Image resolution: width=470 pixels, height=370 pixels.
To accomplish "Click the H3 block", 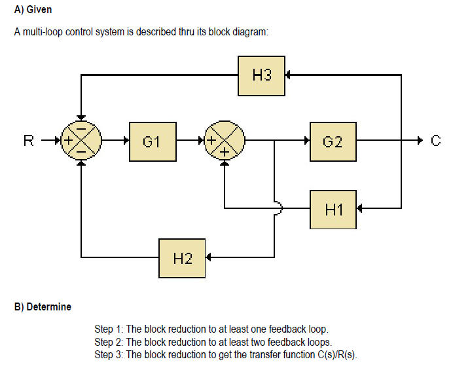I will pos(261,75).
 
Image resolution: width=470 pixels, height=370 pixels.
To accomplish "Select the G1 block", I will pos(153,141).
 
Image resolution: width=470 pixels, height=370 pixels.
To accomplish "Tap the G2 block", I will pos(333,141).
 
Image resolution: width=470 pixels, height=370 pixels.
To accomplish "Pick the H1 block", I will pos(333,209).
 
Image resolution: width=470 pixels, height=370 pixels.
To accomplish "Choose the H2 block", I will pos(182,257).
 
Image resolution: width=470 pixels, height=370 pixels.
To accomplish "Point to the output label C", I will pos(437,140).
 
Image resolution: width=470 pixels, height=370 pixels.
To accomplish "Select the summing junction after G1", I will pos(225,140).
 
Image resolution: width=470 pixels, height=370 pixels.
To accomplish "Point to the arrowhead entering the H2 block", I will pos(209,257).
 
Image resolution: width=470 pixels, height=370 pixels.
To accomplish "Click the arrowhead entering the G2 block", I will pos(306,140).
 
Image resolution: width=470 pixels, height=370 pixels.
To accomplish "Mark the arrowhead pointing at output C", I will pos(420,140).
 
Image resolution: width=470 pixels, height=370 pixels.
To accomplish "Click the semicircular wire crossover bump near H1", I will pos(280,208).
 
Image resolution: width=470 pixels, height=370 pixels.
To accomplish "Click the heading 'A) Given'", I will pos(33,10).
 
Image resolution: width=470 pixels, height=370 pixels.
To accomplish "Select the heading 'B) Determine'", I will pos(43,306).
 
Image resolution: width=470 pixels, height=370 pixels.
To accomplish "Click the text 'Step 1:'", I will pos(109,329).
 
